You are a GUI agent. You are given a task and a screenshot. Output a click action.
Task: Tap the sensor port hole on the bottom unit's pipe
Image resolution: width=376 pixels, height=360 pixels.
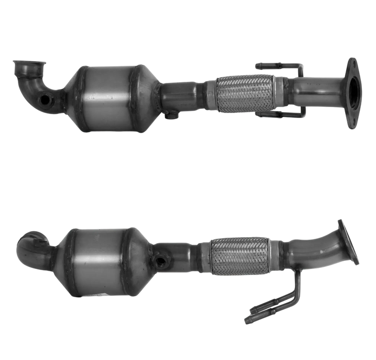pos(160,260)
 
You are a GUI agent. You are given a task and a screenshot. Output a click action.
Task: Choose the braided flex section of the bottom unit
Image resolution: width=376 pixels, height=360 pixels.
pos(238,258)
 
